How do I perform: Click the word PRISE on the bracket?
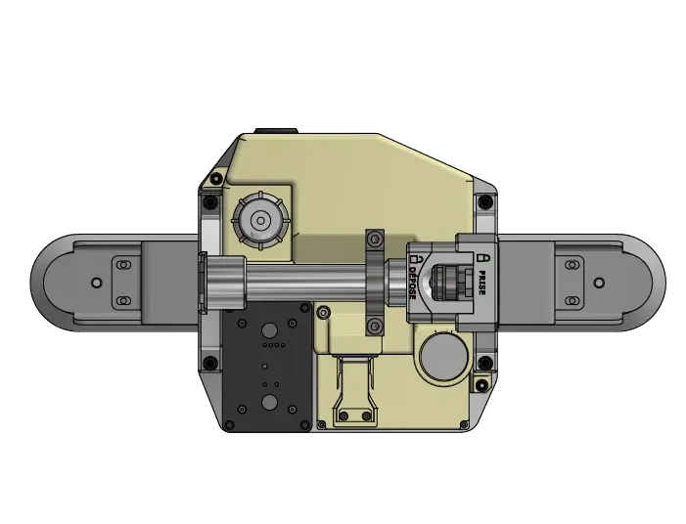click(481, 283)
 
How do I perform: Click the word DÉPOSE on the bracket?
click(413, 283)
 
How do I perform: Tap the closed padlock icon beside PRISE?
click(482, 257)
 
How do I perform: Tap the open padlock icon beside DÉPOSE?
click(414, 259)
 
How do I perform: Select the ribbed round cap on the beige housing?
click(261, 221)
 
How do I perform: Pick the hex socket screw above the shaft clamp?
click(375, 240)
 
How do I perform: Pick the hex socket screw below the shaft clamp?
click(375, 326)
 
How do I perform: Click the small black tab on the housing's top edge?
click(276, 131)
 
